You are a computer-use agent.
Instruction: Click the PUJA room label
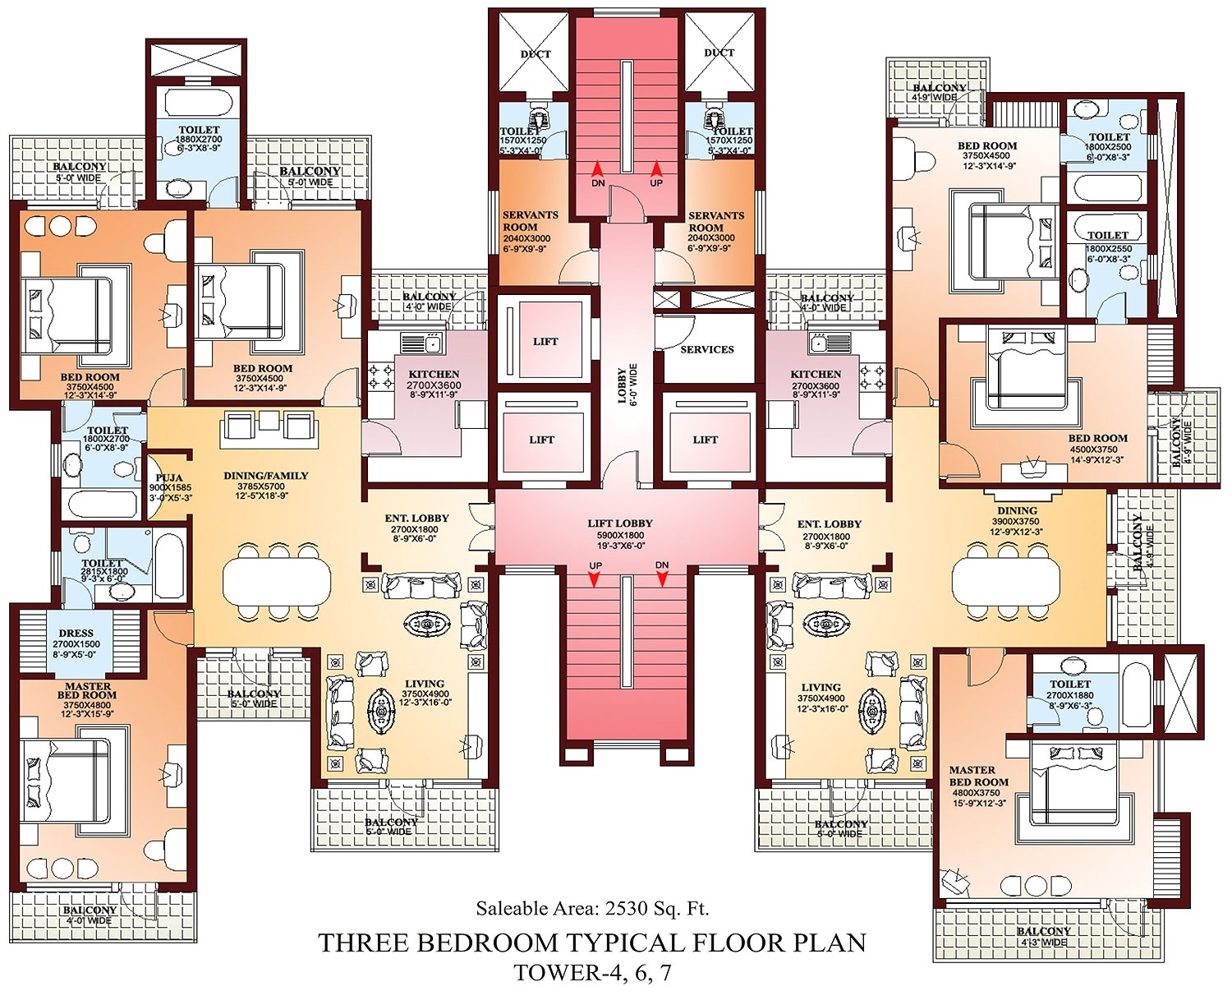click(168, 478)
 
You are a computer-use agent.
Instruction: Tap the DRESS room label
click(76, 634)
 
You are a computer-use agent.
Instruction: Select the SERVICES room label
click(706, 349)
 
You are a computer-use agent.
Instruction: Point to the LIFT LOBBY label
click(620, 523)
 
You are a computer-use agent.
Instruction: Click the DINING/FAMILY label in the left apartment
click(265, 476)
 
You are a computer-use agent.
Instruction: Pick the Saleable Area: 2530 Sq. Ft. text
click(592, 908)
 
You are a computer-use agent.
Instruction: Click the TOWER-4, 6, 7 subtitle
click(592, 973)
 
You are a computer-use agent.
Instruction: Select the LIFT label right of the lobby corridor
click(705, 440)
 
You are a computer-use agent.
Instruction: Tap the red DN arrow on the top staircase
click(598, 171)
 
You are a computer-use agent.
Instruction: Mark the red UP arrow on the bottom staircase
click(595, 579)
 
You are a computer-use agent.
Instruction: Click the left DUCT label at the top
click(536, 54)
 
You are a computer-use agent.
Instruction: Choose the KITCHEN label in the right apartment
click(816, 375)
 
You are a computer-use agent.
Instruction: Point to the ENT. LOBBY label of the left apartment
click(416, 519)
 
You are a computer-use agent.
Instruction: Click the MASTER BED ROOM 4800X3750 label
click(978, 777)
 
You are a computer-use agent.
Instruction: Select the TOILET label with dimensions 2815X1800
click(103, 563)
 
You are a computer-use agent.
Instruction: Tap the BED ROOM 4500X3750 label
click(1097, 439)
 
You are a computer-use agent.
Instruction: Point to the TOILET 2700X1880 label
click(1070, 684)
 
